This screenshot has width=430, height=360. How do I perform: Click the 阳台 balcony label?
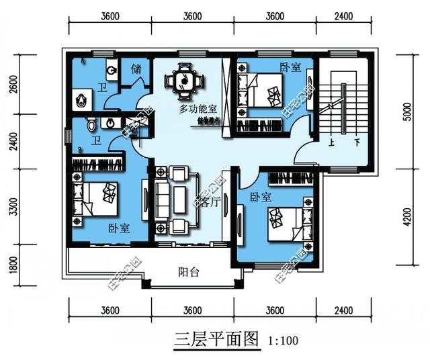188,272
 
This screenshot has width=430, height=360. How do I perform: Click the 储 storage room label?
135,69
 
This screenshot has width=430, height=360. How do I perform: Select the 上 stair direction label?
332,143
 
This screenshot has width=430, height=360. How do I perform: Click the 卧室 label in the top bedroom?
290,66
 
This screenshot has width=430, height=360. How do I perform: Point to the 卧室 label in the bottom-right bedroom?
260,197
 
